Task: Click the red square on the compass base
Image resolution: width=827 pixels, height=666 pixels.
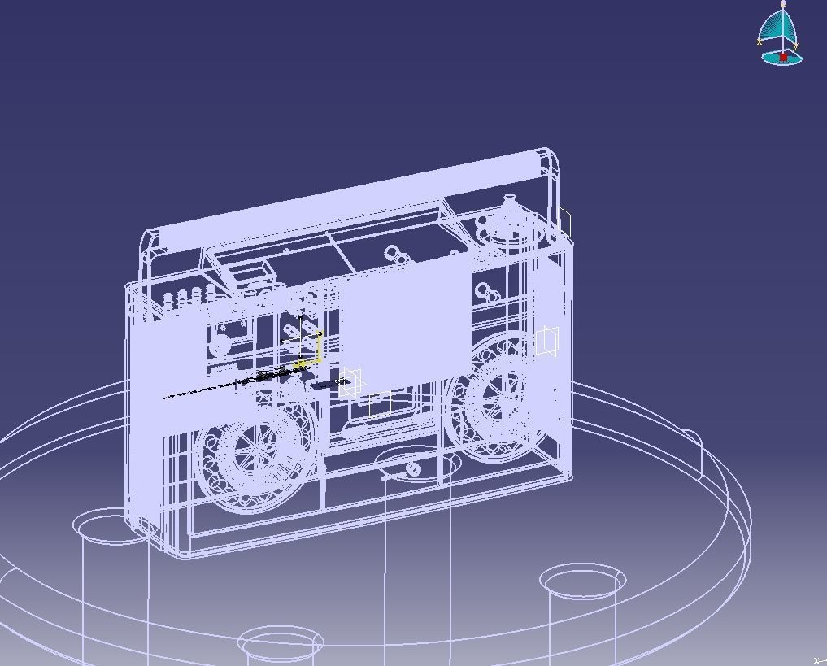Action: (x=783, y=57)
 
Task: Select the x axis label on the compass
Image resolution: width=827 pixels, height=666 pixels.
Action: (x=760, y=42)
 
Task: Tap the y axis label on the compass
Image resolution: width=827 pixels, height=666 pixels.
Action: (x=796, y=46)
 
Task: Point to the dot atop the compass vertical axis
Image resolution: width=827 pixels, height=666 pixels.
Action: (x=783, y=4)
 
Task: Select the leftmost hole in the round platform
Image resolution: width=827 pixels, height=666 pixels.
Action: (x=110, y=525)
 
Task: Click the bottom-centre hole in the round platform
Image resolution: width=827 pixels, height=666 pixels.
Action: (x=281, y=642)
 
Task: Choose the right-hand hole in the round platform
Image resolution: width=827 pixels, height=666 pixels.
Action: (x=582, y=581)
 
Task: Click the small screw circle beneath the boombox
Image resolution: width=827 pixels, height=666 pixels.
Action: (x=413, y=468)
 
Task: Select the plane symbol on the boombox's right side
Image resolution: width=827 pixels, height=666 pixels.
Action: (x=547, y=342)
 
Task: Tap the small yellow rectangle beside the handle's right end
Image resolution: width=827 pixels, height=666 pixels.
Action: (x=564, y=223)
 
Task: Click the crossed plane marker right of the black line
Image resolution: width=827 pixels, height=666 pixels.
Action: (x=351, y=382)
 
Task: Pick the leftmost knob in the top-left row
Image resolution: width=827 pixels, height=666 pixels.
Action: (x=168, y=301)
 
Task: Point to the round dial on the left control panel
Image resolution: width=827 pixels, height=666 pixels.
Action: (x=220, y=346)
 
